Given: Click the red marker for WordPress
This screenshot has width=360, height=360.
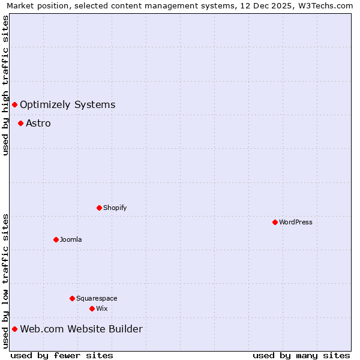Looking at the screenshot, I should [x=275, y=222].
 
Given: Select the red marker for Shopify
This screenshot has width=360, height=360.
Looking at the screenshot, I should [x=99, y=208].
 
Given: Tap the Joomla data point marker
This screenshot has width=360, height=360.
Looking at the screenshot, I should [x=56, y=239].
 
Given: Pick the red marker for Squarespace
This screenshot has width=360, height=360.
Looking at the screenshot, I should [x=72, y=298].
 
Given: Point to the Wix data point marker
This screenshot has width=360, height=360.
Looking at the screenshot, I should [x=92, y=308].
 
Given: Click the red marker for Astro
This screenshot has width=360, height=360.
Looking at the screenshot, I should [x=20, y=123].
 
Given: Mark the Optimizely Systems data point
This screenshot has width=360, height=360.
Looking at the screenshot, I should [x=14, y=104].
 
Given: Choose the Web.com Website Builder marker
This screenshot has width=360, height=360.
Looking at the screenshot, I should [x=14, y=329].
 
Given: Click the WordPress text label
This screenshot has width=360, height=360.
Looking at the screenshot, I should [x=296, y=222].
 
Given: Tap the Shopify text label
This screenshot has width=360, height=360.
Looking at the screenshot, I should [x=115, y=208].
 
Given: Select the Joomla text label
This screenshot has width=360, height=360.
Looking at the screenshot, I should [x=71, y=239].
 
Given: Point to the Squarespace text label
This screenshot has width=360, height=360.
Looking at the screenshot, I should [x=97, y=298].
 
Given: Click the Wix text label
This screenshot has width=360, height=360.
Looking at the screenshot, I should [x=102, y=308].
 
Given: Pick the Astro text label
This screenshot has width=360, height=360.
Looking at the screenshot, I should [x=38, y=123].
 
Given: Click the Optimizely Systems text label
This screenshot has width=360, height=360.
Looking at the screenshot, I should [x=67, y=104].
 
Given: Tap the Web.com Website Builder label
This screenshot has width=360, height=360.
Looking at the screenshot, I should [x=81, y=329].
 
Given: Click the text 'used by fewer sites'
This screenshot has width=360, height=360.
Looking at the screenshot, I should [x=62, y=355].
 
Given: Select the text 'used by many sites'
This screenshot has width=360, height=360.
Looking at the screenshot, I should [x=301, y=355].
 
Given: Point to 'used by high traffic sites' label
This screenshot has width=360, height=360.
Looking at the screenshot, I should [x=5, y=85].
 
